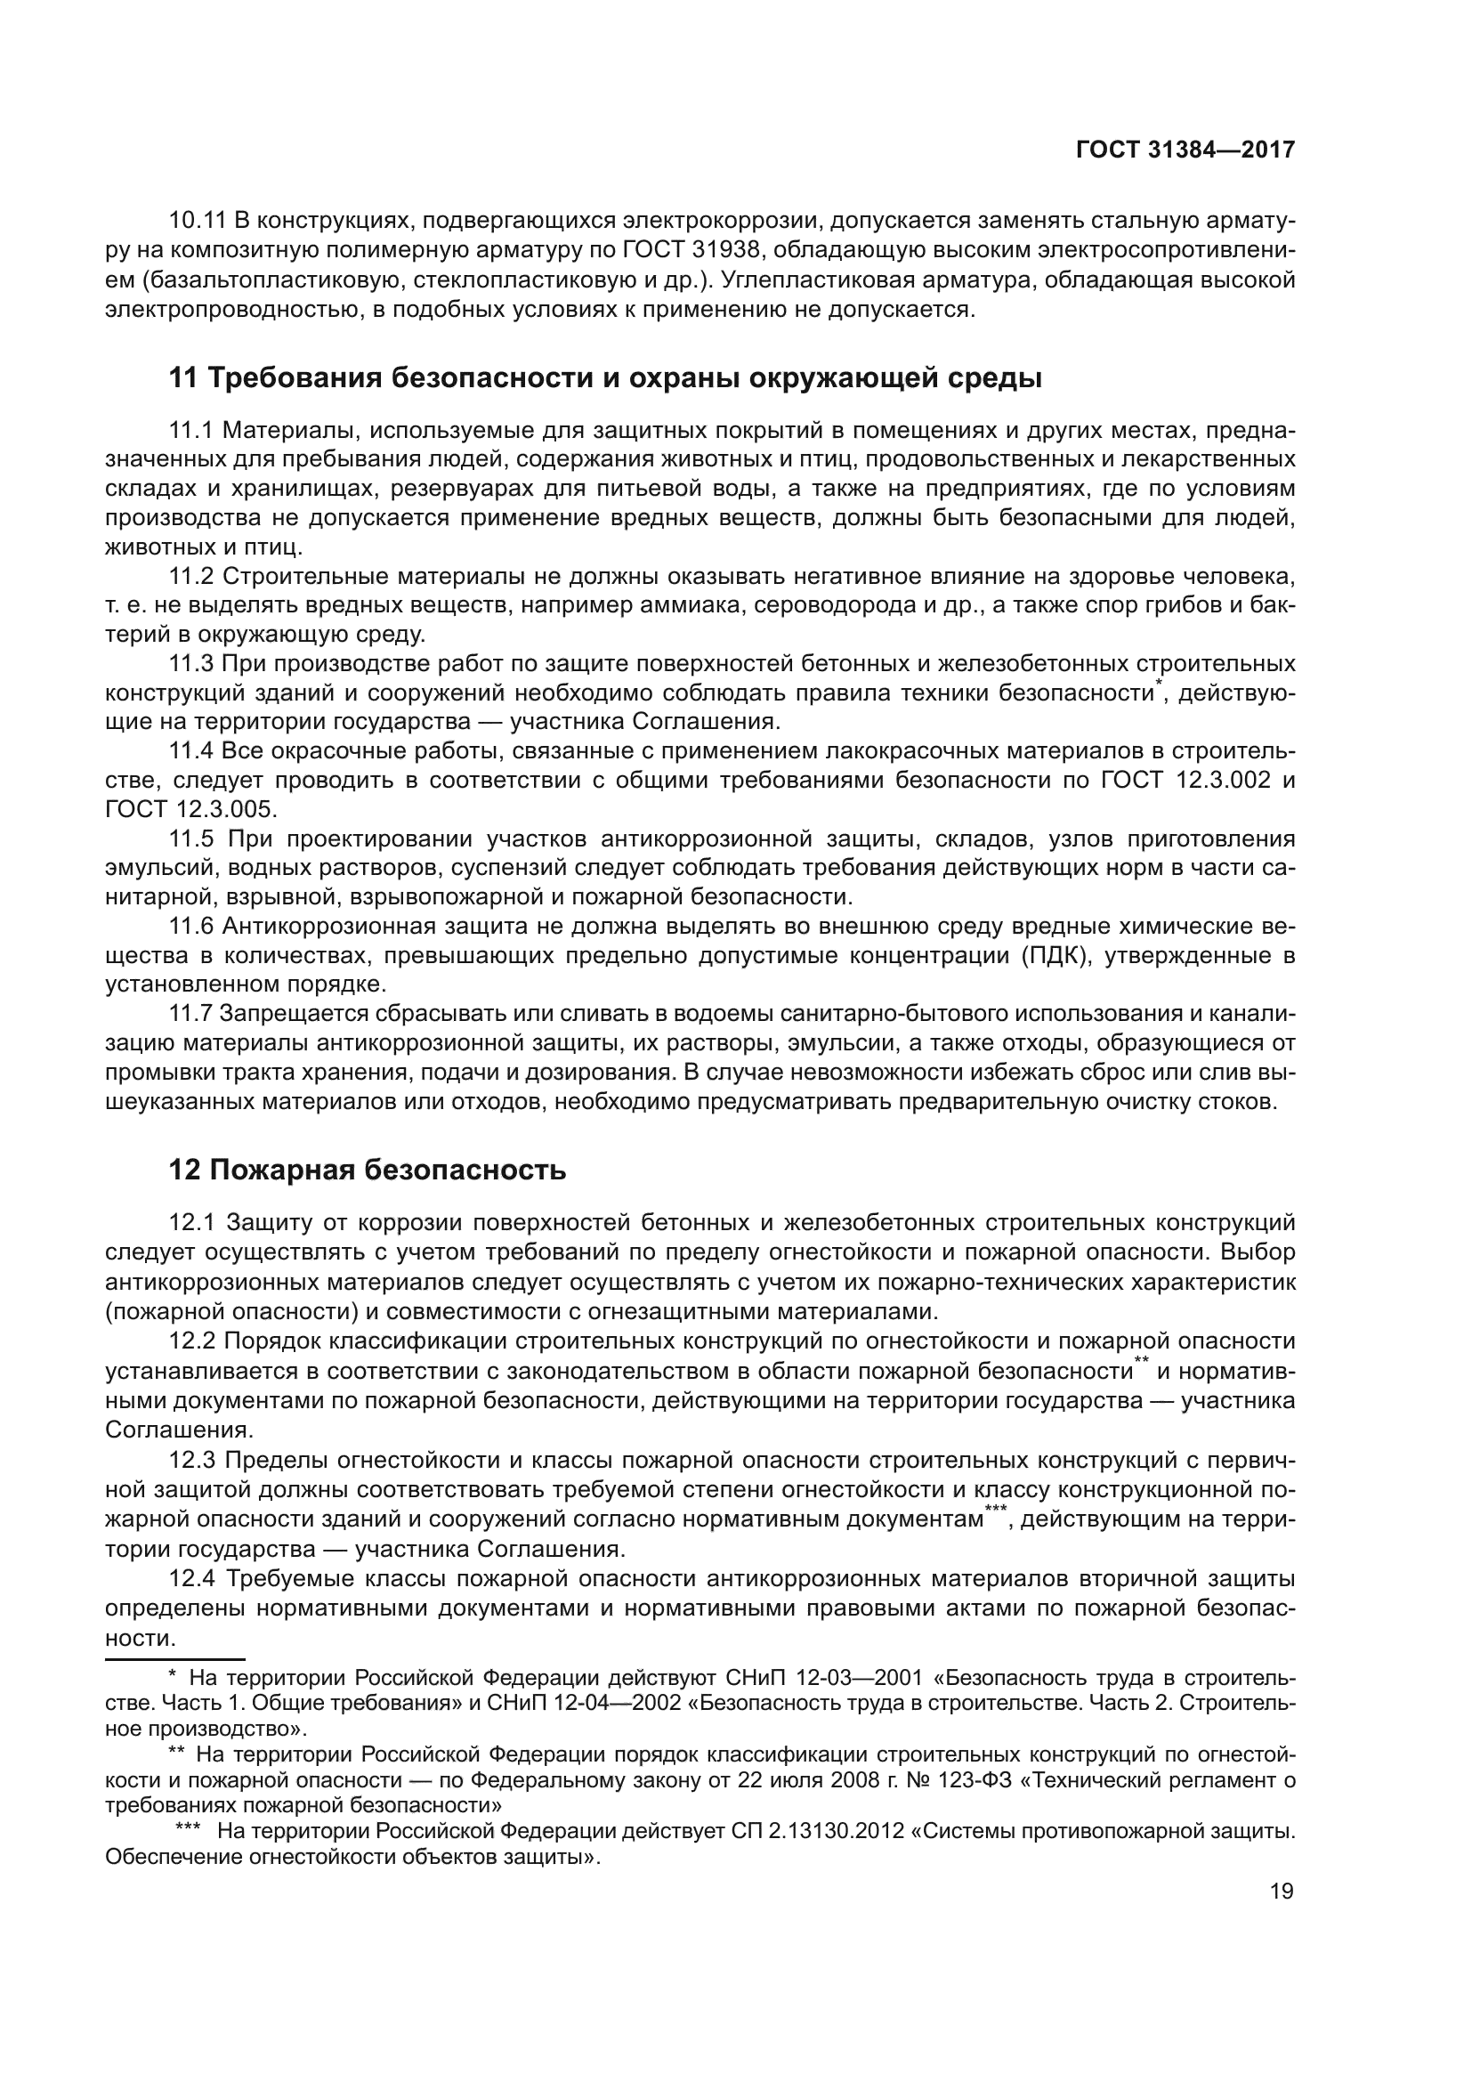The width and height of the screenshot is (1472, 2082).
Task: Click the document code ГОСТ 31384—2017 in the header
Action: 1185,150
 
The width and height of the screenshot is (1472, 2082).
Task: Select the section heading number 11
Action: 184,378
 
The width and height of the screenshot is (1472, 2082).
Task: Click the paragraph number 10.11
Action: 198,221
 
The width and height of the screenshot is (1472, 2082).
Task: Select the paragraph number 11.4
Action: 191,751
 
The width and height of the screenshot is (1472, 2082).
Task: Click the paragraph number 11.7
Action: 190,1013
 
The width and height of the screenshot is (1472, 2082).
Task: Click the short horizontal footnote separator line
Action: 175,1657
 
